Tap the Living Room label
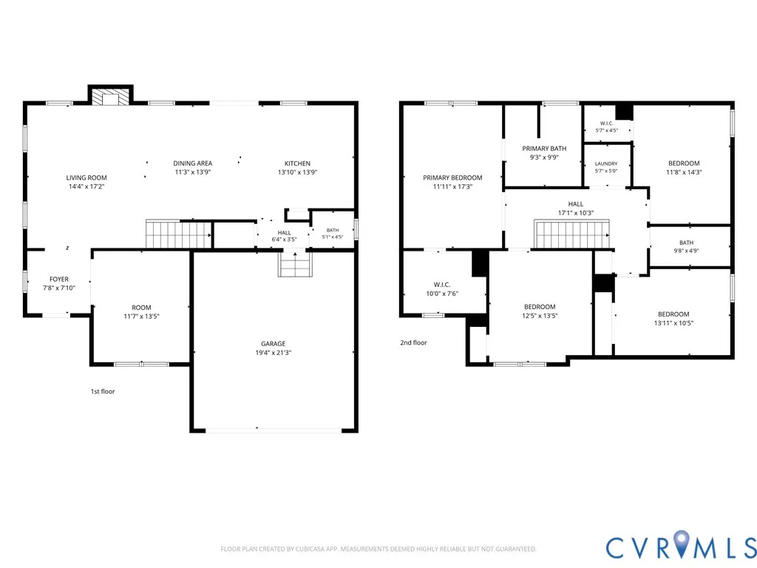coord(86,177)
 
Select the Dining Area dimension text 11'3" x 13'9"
coord(193,172)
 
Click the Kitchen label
coord(297,163)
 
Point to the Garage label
coord(274,344)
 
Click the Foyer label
coord(59,279)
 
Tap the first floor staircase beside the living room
coord(179,234)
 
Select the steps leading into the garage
coord(295,264)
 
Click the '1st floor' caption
coord(103,391)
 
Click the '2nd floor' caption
coord(414,342)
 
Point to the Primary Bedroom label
coord(453,177)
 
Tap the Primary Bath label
coord(544,148)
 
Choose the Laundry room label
coord(606,163)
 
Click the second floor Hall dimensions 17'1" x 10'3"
coord(576,213)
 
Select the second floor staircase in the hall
coord(571,234)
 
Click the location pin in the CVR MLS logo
coord(682,543)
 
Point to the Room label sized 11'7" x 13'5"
coord(141,308)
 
